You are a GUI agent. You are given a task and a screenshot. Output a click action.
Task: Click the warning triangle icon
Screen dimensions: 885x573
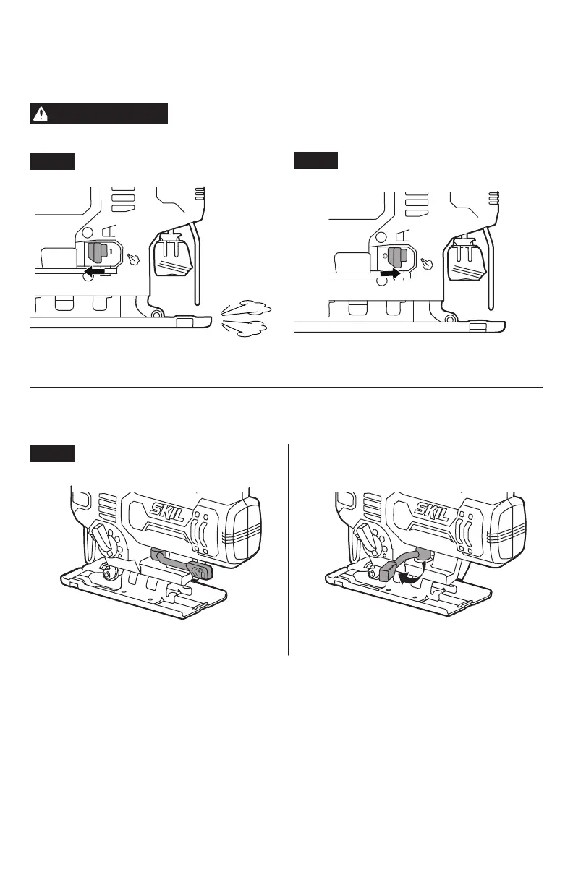[x=41, y=114]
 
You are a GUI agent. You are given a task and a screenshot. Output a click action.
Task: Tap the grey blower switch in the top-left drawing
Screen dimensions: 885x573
[x=97, y=253]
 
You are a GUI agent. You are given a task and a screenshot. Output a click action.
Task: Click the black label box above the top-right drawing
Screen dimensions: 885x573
[x=316, y=161]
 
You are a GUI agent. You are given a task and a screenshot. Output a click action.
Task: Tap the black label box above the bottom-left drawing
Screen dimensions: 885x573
[x=52, y=453]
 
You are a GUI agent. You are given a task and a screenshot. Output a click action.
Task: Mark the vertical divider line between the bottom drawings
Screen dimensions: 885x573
[x=289, y=550]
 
